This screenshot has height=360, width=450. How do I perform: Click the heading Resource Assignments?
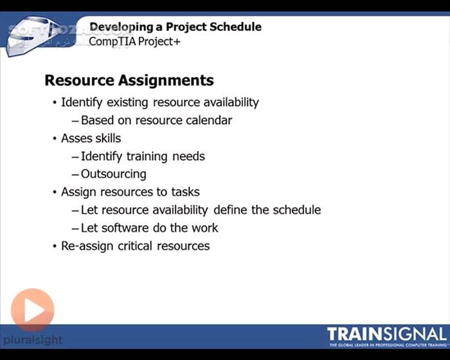click(x=129, y=81)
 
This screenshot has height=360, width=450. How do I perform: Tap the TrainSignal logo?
click(x=386, y=336)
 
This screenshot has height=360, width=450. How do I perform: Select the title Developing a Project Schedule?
click(x=175, y=27)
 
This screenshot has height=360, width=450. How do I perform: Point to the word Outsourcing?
click(x=114, y=174)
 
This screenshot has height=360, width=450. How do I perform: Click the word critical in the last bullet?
click(x=135, y=246)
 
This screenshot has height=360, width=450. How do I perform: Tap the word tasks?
click(x=184, y=192)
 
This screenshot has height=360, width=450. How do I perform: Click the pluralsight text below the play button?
click(x=32, y=339)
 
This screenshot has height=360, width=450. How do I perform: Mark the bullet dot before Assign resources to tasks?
click(x=54, y=192)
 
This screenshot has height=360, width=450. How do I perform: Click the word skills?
click(x=107, y=138)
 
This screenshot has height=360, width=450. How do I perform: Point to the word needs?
click(x=188, y=156)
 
